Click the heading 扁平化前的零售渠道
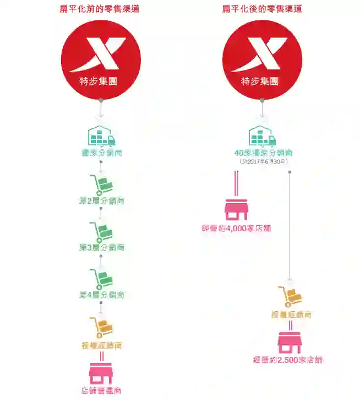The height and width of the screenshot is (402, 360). point(100,9)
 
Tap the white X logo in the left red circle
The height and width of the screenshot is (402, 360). point(101,54)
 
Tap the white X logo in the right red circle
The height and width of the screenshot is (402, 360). point(262,54)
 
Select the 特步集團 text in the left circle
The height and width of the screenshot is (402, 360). point(101,82)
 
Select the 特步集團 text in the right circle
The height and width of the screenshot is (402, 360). point(262,82)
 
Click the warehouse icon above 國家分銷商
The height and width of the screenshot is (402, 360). point(101,135)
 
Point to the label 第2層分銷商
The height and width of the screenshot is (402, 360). point(101,201)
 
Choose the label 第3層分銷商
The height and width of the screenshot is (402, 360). point(101,248)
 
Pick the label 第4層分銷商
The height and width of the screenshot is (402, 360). point(101,295)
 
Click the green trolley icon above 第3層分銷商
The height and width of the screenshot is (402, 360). point(101,232)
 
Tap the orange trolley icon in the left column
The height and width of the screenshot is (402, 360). point(101,328)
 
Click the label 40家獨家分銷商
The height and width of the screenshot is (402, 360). point(263,153)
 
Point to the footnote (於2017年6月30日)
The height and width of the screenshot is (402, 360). point(263,161)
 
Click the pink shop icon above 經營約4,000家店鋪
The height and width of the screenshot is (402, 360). point(236,209)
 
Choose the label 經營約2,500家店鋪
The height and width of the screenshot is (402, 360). point(288,360)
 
